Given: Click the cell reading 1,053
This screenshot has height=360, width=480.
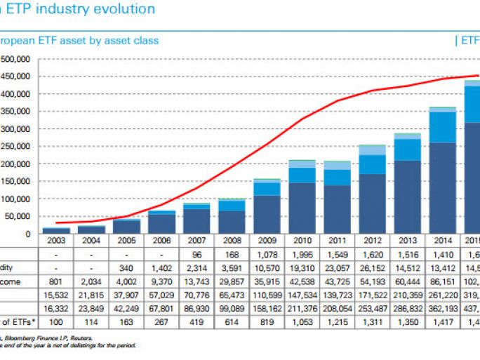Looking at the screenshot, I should click(x=302, y=321).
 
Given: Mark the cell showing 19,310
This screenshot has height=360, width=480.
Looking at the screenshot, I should click(x=302, y=267).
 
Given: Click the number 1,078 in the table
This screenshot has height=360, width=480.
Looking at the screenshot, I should click(x=267, y=254).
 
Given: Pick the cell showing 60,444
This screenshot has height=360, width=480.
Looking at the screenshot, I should click(x=407, y=281).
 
